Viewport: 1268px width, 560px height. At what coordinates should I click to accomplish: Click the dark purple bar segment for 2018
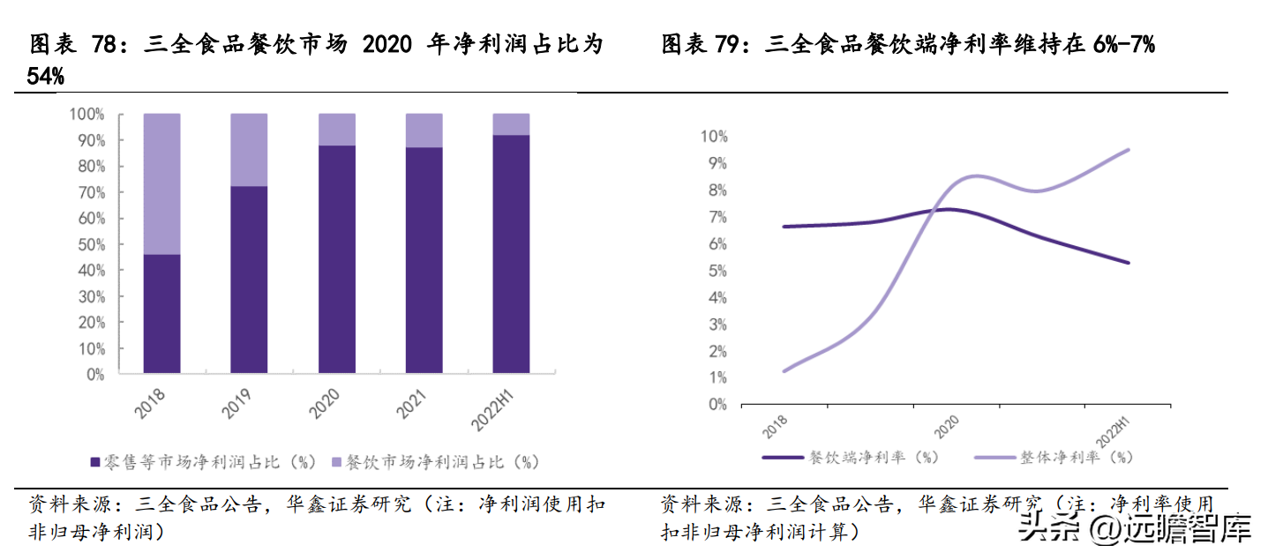pos(161,313)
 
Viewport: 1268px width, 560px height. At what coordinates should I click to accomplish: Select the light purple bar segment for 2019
pos(249,150)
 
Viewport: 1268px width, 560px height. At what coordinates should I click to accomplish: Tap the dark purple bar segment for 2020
pos(336,258)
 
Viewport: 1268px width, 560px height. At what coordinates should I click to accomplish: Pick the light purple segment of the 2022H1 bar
pos(511,124)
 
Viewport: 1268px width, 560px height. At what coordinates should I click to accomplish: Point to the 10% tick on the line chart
pos(713,137)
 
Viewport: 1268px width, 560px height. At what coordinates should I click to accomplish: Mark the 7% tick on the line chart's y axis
pos(716,217)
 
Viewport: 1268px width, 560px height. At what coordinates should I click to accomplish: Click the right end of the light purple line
pos(1129,150)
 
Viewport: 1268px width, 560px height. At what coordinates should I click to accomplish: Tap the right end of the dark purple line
pos(1129,262)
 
